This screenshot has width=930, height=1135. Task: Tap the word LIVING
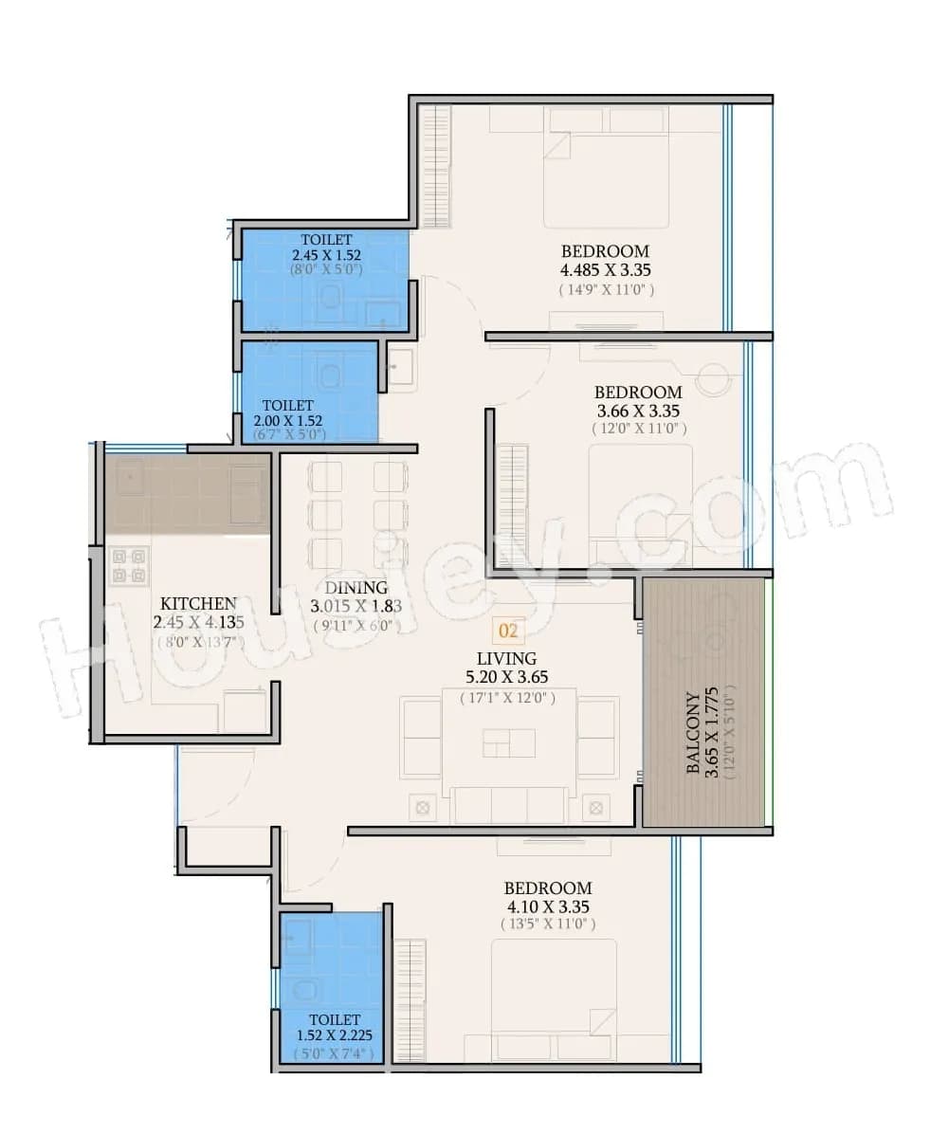point(506,658)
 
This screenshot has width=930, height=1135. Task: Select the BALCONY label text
point(694,733)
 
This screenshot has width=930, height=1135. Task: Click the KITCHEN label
point(198,603)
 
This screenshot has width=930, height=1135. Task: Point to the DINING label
point(356,588)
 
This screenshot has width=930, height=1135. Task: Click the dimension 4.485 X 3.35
point(605,270)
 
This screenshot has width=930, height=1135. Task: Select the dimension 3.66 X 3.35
point(638,411)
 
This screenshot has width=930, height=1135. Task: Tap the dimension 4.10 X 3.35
point(548,906)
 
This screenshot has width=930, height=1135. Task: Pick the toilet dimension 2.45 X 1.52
point(326,255)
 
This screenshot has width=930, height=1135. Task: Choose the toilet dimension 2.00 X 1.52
point(288,420)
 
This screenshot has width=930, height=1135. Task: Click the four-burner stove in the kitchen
point(128,565)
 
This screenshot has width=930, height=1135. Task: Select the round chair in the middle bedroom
point(712,380)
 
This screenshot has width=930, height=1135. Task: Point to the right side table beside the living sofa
point(595,808)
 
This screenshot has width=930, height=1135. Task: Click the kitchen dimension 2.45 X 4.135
point(198,622)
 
